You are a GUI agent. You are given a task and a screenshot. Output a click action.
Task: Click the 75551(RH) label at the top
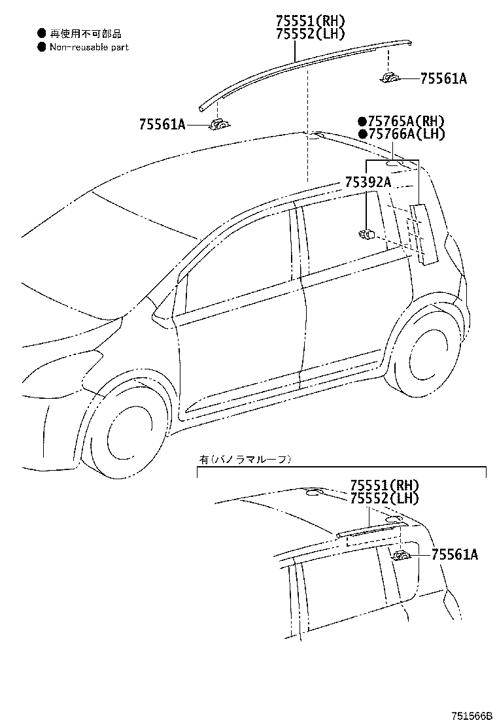coord(310,21)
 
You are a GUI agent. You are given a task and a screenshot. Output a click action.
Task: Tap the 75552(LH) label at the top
coord(310,34)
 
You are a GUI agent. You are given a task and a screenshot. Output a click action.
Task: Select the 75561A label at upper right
coord(443,79)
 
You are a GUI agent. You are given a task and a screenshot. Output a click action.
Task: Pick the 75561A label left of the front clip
coord(162,124)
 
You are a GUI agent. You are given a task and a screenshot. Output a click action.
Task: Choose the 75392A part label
coord(368,182)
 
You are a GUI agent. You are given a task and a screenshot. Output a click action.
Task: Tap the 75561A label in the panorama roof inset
coord(454,554)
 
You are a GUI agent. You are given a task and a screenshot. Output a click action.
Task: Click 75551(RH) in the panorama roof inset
coord(385,486)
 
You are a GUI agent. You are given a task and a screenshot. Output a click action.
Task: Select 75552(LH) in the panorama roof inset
coord(385,498)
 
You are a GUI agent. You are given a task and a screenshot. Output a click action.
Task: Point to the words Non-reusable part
coord(89,47)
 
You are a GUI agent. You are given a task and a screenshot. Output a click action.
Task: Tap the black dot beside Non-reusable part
coord(42,47)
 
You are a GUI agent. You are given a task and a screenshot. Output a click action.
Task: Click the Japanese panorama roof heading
coord(245,460)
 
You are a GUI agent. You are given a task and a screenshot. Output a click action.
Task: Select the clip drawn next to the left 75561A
coord(220,124)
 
